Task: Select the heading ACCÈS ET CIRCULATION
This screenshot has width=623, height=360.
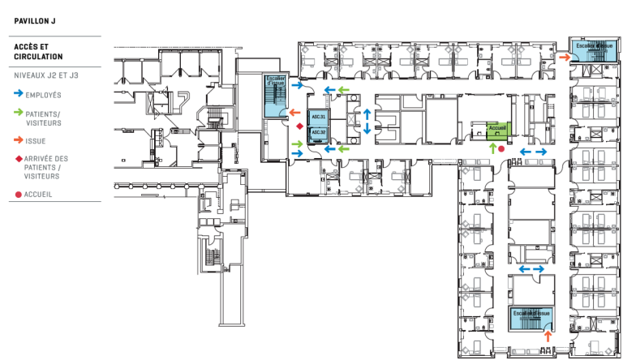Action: (40, 52)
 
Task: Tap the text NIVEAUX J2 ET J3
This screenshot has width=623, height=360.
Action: (46, 75)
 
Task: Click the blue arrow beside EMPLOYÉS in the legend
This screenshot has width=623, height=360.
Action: (19, 96)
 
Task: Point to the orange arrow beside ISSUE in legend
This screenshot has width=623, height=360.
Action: (19, 139)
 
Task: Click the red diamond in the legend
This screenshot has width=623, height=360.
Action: (18, 159)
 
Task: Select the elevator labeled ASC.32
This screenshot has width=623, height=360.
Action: (318, 132)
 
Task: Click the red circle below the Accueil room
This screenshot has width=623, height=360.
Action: (501, 149)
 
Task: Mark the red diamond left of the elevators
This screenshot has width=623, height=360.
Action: (299, 126)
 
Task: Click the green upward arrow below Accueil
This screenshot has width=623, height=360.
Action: (492, 149)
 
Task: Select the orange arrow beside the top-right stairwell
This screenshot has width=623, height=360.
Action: (564, 57)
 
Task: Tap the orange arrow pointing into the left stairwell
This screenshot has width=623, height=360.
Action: (294, 112)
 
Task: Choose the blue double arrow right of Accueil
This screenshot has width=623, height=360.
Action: (532, 151)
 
